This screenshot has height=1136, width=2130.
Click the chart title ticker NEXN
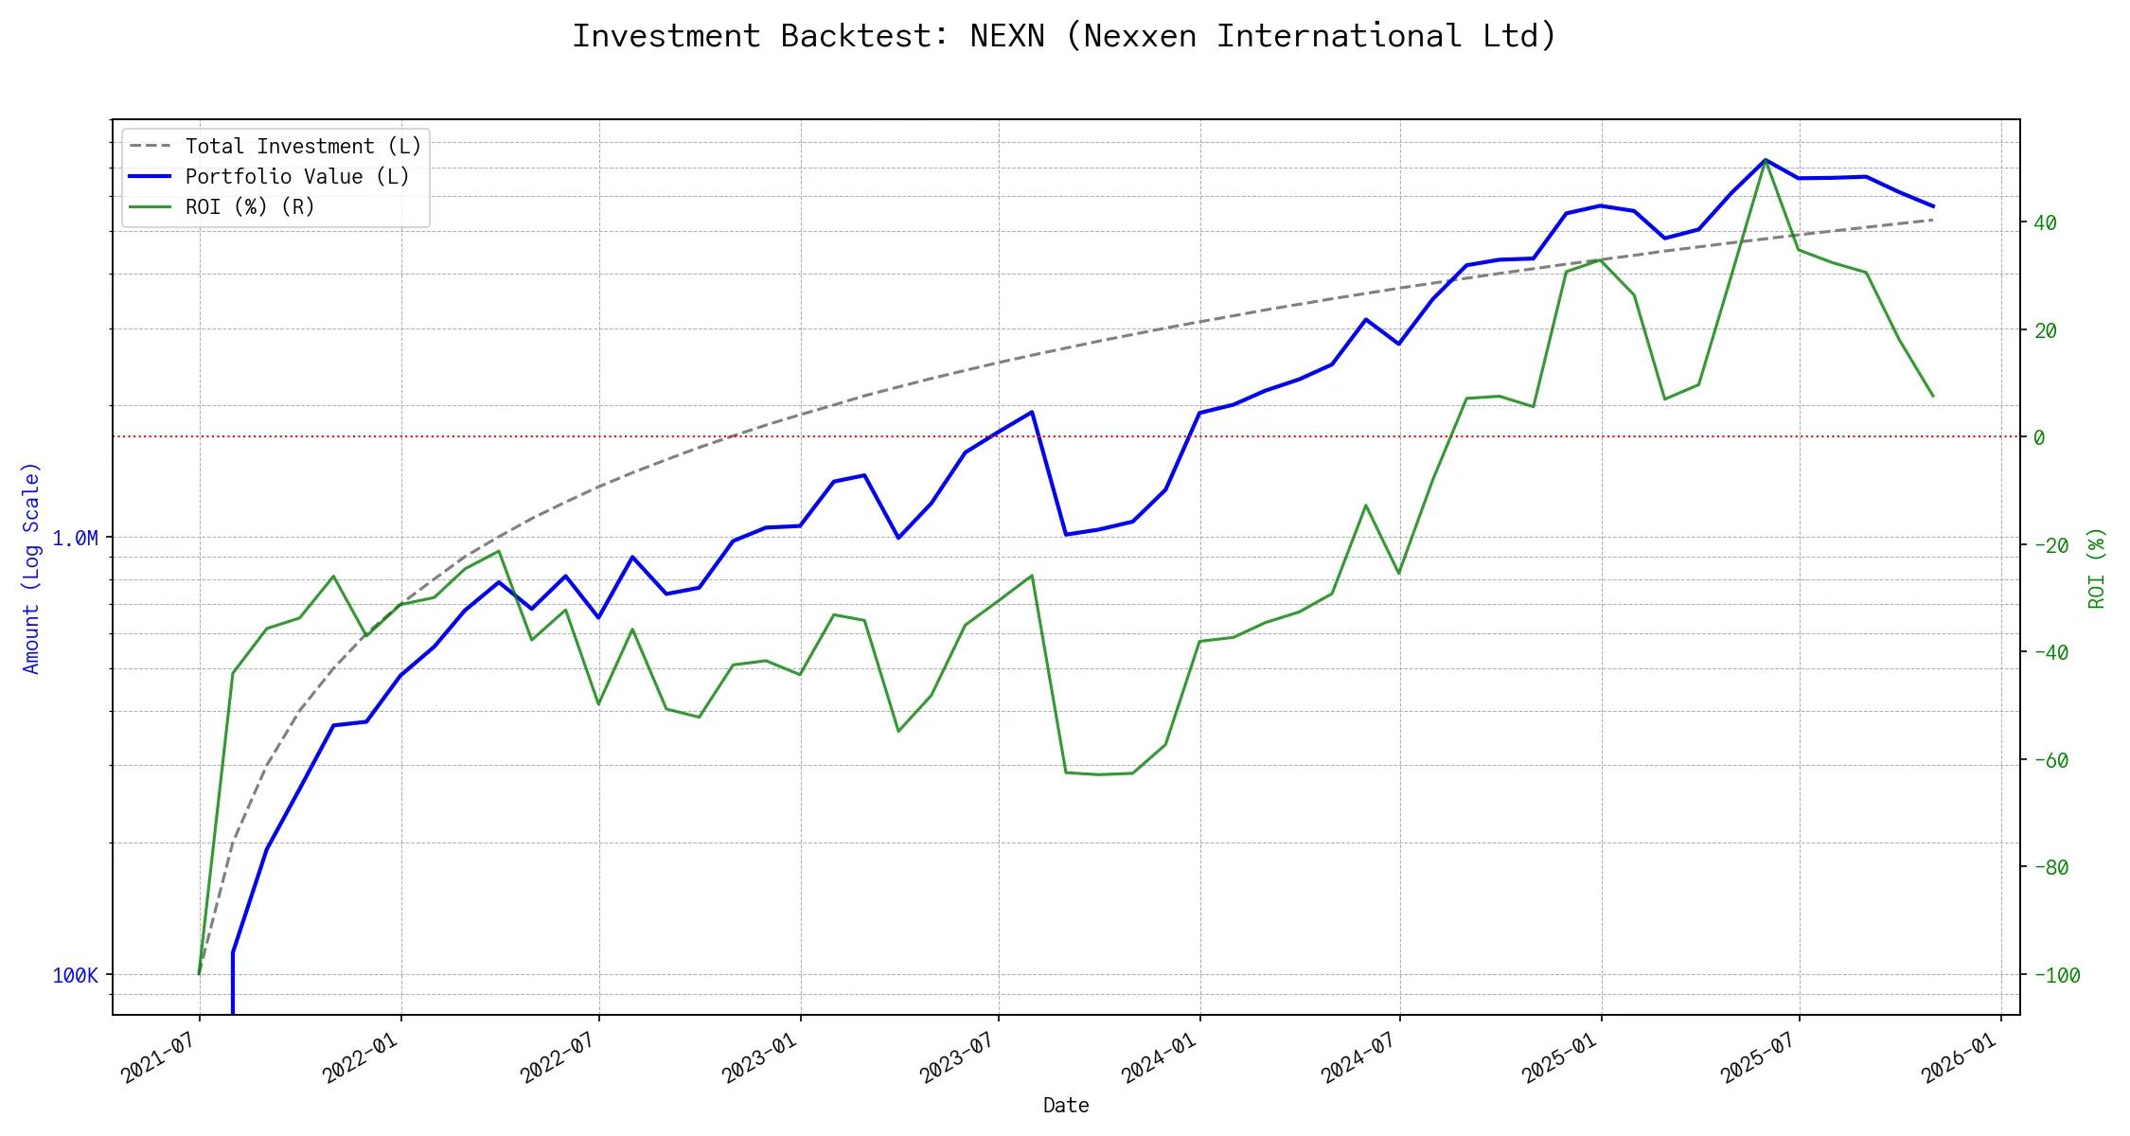[x=1007, y=36]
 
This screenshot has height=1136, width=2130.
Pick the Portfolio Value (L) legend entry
[x=297, y=177]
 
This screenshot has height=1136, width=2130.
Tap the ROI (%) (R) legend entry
[x=250, y=207]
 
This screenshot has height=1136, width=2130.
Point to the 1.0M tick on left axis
[x=75, y=539]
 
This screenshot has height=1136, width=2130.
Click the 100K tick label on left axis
[x=75, y=976]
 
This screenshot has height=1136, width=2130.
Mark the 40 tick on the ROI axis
[x=2045, y=223]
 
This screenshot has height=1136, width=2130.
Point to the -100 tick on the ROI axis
[x=2050, y=976]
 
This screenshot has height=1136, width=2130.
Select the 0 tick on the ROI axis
[x=2039, y=437]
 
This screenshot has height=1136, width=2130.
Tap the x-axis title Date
[x=1066, y=1106]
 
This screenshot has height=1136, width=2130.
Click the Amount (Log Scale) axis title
[x=31, y=568]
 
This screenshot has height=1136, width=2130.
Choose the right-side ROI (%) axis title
[x=2097, y=568]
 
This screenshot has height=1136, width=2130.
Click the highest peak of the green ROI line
[x=1766, y=161]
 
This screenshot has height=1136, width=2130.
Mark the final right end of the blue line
[x=1933, y=206]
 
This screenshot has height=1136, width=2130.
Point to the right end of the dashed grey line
[x=1933, y=220]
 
